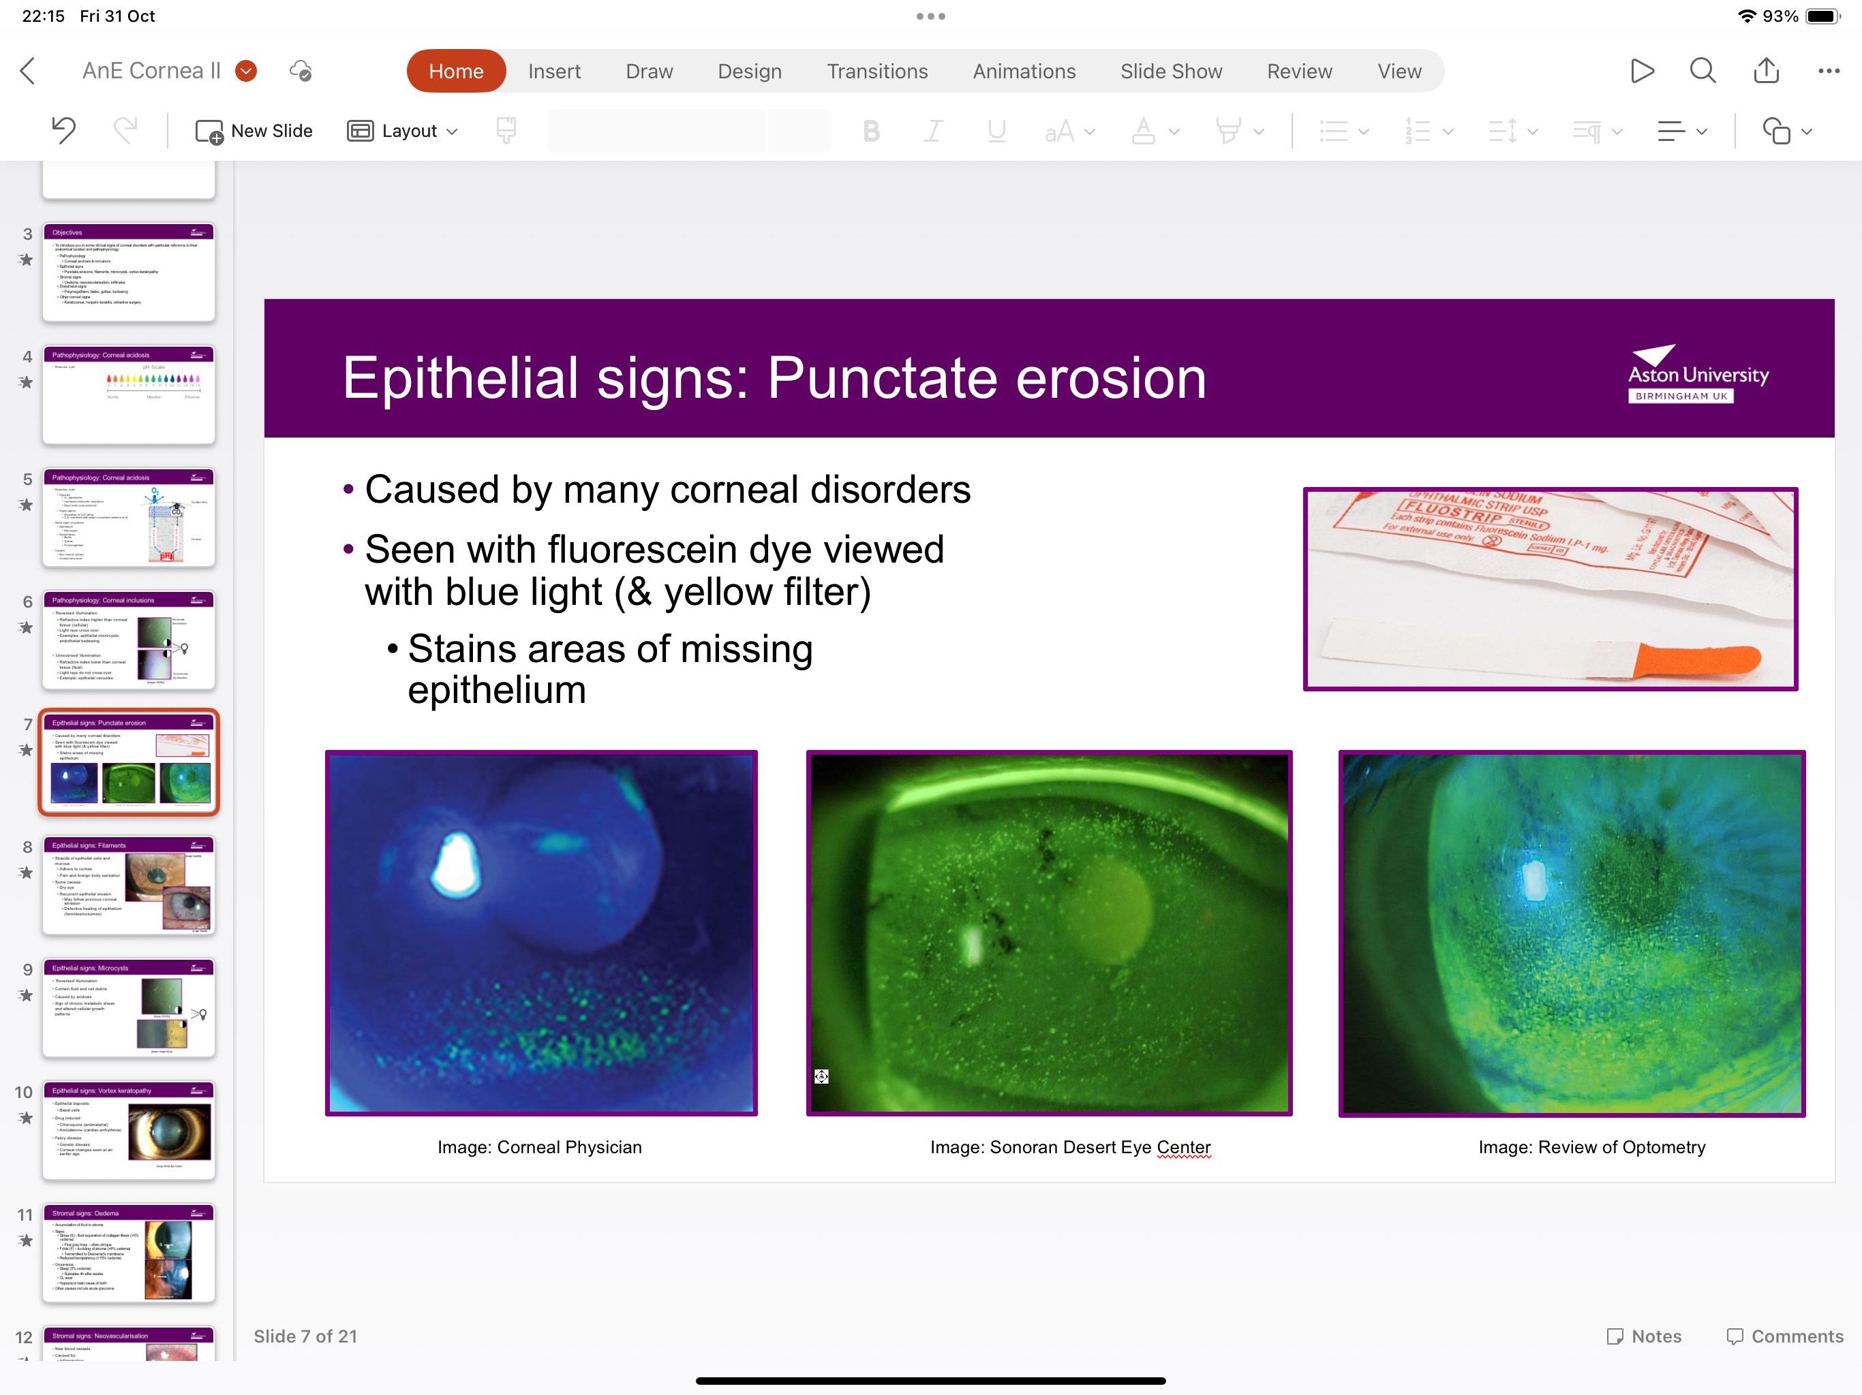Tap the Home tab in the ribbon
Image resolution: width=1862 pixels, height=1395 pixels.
455,72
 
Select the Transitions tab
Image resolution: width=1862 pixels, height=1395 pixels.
876,72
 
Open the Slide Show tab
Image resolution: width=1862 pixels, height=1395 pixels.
1170,72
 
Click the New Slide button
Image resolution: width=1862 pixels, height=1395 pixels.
254,131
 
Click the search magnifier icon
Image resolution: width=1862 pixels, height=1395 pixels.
1702,71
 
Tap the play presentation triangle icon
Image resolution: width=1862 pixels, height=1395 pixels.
1641,71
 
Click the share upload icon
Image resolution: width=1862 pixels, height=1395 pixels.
1765,71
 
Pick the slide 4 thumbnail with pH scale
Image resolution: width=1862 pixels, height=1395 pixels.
129,394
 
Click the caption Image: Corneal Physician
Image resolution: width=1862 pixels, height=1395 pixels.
540,1147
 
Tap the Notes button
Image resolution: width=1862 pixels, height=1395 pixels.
1644,1336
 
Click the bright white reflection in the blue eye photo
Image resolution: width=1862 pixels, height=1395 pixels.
455,865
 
